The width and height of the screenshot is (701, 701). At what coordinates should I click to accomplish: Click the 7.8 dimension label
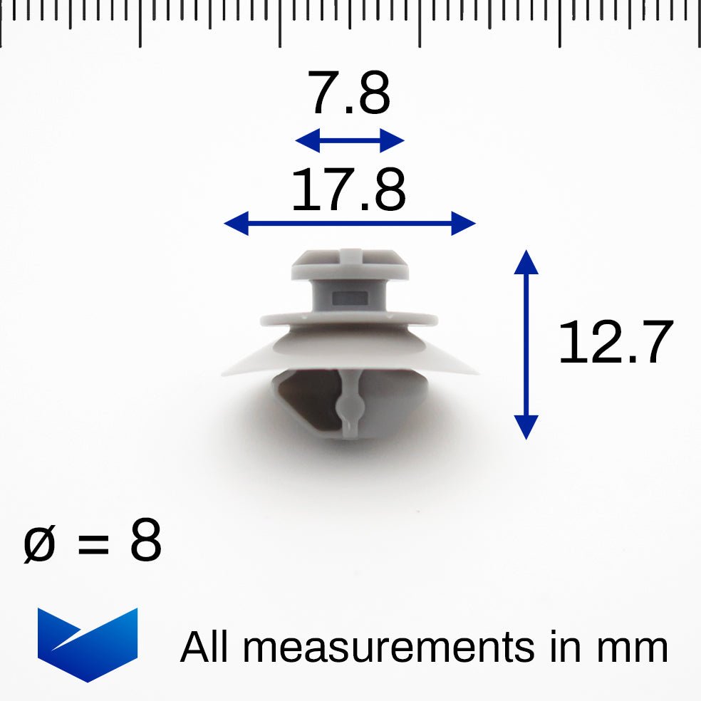coord(349,95)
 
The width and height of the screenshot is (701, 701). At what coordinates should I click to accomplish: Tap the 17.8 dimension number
coord(348,190)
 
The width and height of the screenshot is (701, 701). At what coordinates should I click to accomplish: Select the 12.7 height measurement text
coord(615,343)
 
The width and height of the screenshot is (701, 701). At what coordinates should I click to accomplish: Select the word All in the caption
coord(207,647)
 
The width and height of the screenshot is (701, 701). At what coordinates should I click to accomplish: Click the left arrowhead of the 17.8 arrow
coord(236,224)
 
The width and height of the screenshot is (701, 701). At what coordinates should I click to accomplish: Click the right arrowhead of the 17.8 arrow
coord(464,224)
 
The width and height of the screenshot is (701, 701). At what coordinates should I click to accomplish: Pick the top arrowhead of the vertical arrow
coord(526,261)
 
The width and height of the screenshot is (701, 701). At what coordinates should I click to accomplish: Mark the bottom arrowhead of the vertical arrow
coord(526,427)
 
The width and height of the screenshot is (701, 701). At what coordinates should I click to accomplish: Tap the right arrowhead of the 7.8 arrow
coord(393,140)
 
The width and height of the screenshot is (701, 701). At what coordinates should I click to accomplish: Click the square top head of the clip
coord(350,264)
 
